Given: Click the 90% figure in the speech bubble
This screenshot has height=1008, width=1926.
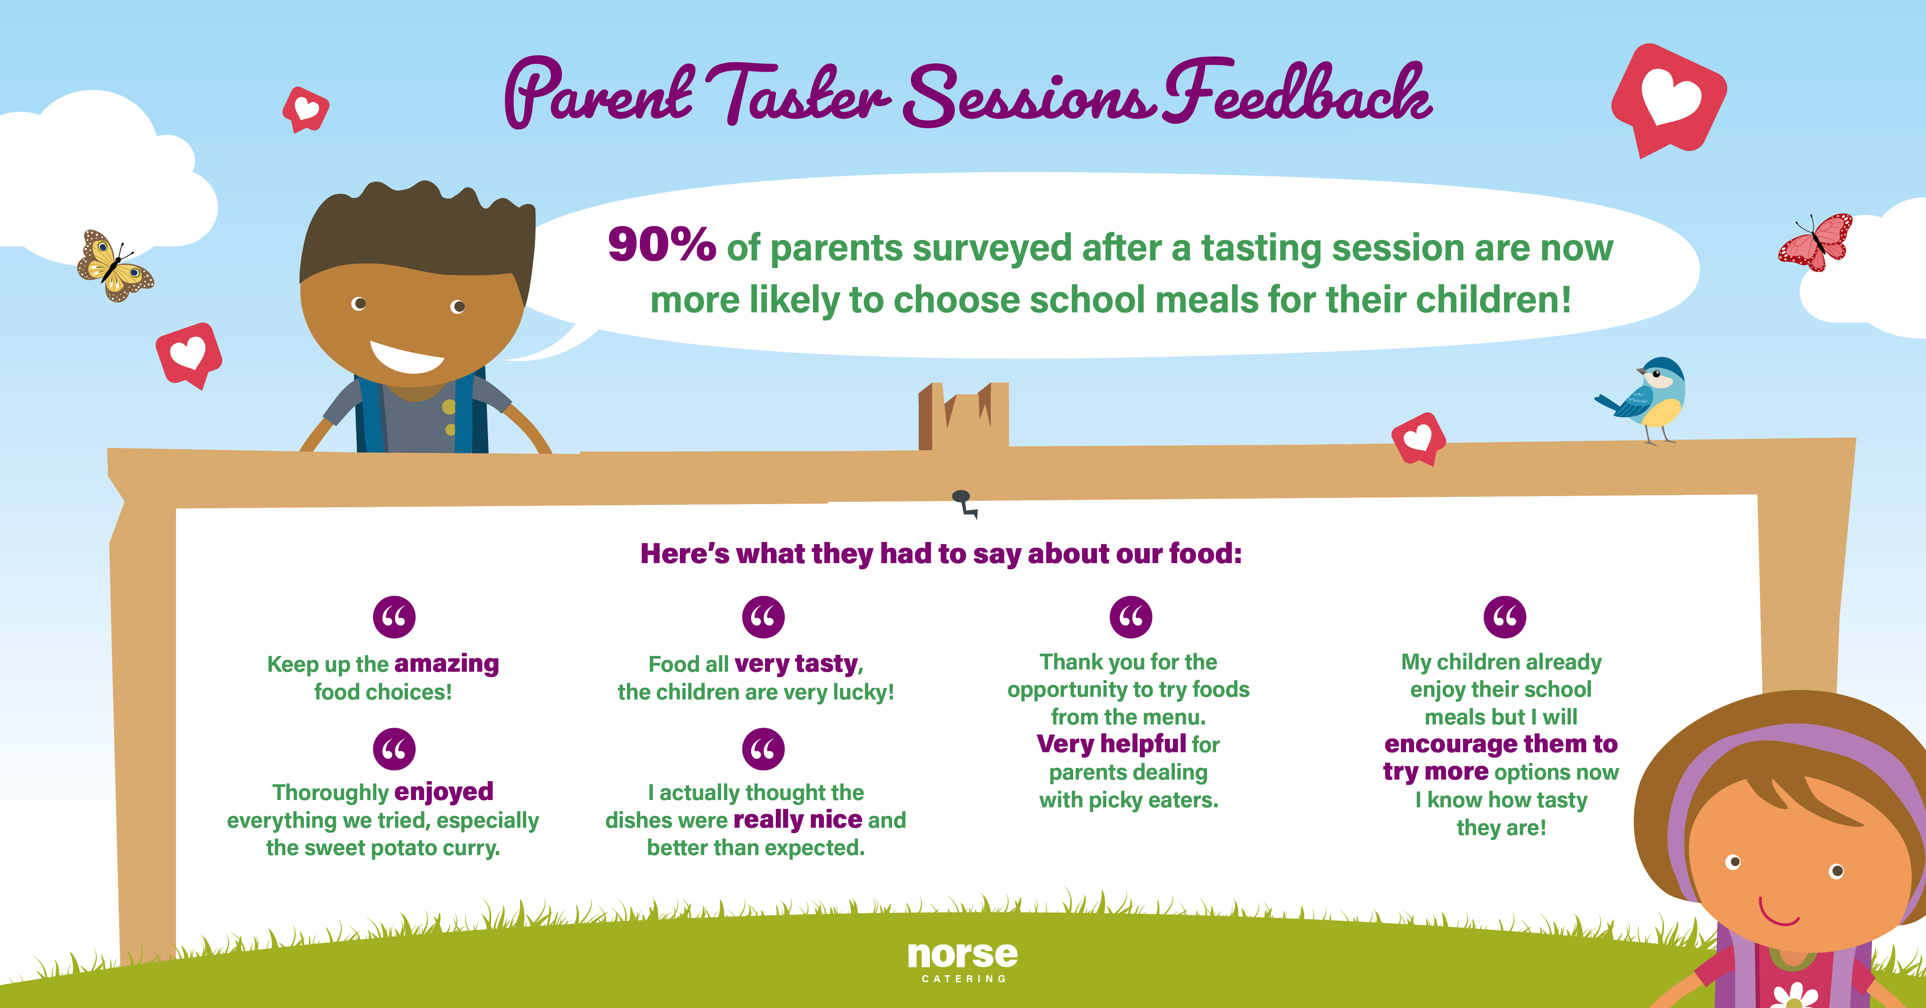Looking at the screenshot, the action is [662, 245].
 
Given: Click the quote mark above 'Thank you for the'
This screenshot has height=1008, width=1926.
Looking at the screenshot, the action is [1131, 617].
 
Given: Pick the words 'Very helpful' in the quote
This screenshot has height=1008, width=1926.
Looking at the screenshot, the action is [1111, 744].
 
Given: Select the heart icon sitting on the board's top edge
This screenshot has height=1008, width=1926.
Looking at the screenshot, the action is [1418, 439].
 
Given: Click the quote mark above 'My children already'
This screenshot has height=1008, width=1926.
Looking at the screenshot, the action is [1504, 617].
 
